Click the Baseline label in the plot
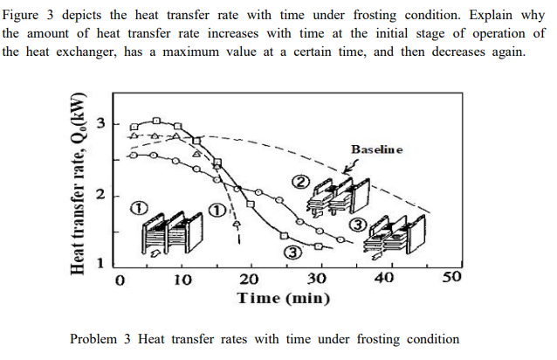[377, 149]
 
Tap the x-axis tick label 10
[182, 280]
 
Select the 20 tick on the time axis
[250, 280]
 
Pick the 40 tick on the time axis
[384, 280]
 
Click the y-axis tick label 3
[101, 121]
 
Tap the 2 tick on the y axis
[101, 193]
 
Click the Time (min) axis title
[284, 299]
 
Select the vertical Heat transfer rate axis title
[79, 188]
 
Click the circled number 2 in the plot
[300, 182]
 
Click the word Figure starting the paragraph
[22, 16]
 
